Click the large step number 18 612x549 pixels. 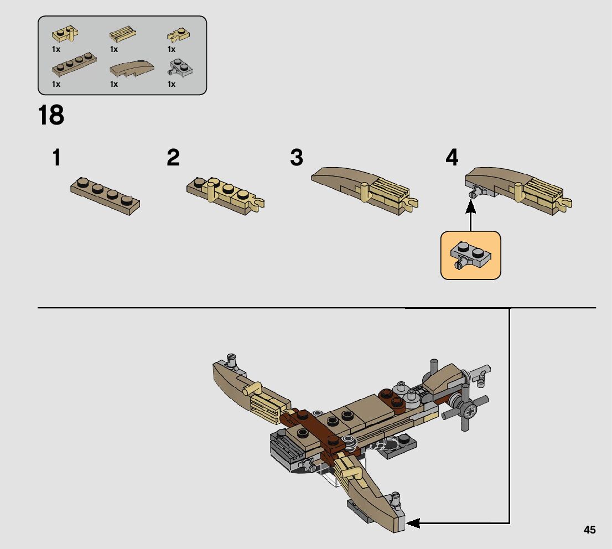(x=51, y=115)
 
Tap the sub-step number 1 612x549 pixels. (x=57, y=157)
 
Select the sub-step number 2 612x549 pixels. (x=173, y=157)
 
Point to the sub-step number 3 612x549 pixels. (x=297, y=157)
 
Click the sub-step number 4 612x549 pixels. (x=452, y=157)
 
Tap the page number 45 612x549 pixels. (x=590, y=530)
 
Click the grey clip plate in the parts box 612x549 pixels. (x=180, y=68)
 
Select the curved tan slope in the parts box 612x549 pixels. (x=132, y=68)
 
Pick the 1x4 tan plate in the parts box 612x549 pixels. (x=74, y=64)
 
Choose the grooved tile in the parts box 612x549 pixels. (x=123, y=34)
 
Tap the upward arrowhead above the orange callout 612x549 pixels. (x=471, y=207)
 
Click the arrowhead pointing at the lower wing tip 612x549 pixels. (x=413, y=523)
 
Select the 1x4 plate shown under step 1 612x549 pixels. (x=105, y=196)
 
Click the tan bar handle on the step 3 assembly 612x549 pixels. (x=365, y=191)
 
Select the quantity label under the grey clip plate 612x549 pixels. (x=172, y=84)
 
